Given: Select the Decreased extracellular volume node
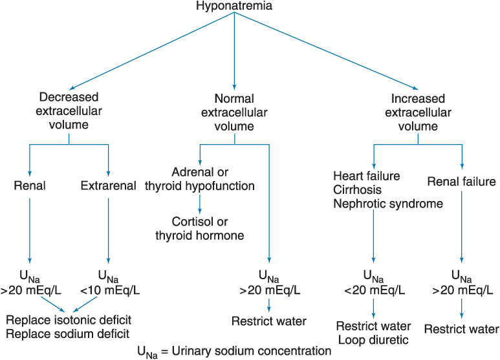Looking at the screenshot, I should (x=69, y=111).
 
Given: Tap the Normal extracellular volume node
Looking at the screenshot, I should (x=234, y=111).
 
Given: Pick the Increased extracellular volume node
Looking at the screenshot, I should (x=419, y=111).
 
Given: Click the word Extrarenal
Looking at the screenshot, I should (x=109, y=186).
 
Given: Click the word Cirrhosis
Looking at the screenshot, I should (x=358, y=189).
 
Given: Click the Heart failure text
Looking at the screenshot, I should (x=365, y=175).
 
